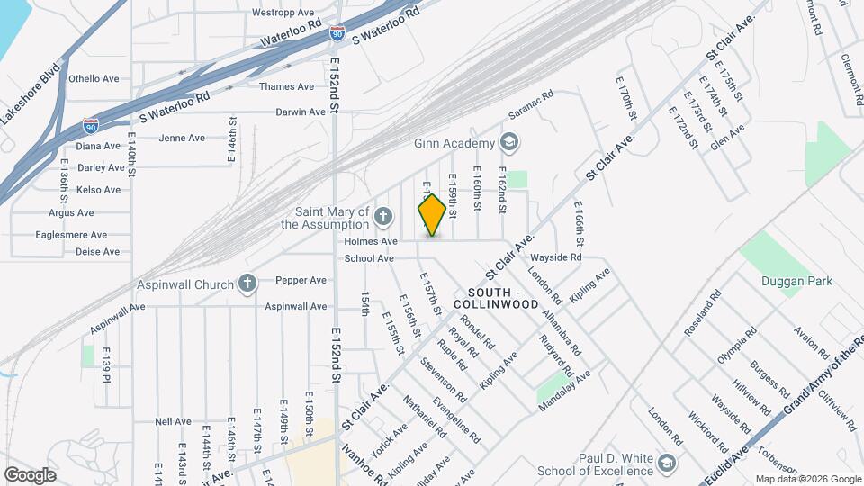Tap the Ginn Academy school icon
click(x=509, y=143)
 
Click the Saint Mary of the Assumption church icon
click(x=383, y=216)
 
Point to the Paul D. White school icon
click(x=666, y=463)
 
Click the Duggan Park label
click(x=796, y=281)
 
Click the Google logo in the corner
click(x=30, y=474)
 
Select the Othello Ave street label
click(x=94, y=78)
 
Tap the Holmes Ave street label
click(x=370, y=241)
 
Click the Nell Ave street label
click(x=173, y=421)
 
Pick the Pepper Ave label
click(x=301, y=280)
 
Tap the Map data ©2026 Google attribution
click(x=807, y=479)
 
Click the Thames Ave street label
click(x=286, y=86)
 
